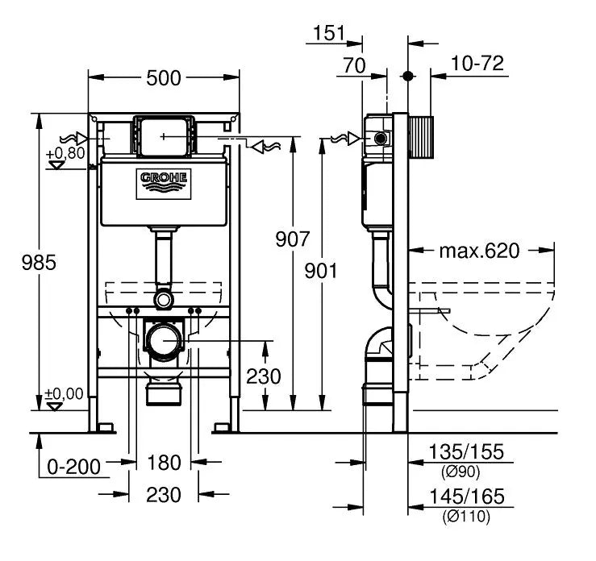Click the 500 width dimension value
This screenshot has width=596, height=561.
click(163, 77)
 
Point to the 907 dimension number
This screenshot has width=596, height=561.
click(292, 239)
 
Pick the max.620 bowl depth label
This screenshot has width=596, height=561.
click(480, 250)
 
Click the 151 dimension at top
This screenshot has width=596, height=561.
click(328, 33)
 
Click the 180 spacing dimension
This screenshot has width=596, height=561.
click(163, 463)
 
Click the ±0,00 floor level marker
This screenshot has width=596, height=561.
click(64, 394)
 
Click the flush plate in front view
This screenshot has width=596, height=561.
click(164, 136)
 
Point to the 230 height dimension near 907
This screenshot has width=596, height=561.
click(264, 376)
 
